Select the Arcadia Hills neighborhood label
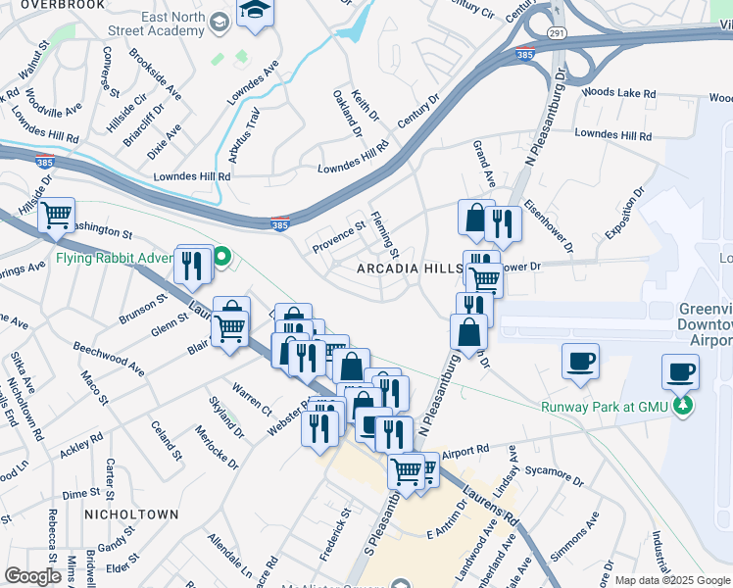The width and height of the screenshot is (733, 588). [409, 268]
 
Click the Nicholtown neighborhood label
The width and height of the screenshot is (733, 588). [131, 514]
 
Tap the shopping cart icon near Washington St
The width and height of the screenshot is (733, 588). [57, 214]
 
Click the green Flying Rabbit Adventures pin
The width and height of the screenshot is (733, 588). [222, 258]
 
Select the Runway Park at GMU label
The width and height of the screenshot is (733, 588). [605, 407]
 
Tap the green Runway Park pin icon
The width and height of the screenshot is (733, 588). [685, 405]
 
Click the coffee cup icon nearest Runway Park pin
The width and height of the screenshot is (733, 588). [680, 371]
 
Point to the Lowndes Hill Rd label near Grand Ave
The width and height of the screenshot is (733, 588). [612, 133]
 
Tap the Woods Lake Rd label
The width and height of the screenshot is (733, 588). [617, 93]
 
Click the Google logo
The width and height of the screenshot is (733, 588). [32, 576]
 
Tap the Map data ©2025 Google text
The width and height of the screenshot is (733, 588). [671, 580]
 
